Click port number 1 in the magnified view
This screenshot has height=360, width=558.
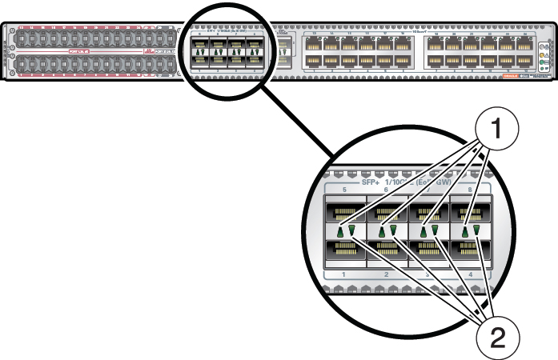343,276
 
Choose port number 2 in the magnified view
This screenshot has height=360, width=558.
387,276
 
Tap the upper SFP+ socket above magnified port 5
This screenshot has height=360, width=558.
344,213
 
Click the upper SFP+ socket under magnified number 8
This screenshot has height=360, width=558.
469,213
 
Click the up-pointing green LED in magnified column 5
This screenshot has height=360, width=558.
340,232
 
